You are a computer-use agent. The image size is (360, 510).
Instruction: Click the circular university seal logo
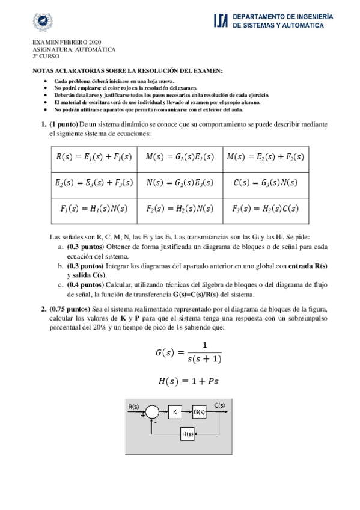pos(43,22)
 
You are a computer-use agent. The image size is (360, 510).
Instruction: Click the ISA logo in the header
pos(221,22)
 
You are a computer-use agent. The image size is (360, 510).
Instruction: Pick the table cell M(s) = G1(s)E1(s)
pos(180,157)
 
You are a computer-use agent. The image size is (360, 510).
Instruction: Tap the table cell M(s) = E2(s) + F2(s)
pos(266,157)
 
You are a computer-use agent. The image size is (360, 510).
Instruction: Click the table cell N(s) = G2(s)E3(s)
pos(180,182)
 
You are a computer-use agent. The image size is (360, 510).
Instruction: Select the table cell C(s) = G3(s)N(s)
pos(266,182)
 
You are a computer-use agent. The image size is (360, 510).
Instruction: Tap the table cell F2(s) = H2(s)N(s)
pos(180,209)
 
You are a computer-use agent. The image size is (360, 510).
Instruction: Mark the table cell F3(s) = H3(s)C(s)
pos(266,209)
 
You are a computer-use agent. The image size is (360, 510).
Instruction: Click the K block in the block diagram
pos(175,412)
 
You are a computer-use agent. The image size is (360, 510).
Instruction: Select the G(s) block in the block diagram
pos(199,412)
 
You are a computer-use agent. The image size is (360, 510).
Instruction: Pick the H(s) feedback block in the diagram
pos(187,434)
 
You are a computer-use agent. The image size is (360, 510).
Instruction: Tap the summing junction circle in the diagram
pos(152,412)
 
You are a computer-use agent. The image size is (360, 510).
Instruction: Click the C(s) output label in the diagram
pos(220,405)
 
